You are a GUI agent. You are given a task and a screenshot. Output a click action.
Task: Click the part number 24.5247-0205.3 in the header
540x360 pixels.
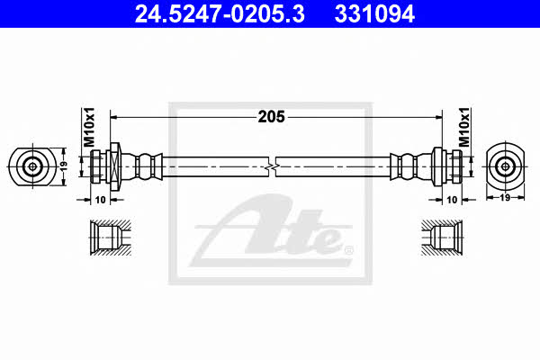pos(220,14)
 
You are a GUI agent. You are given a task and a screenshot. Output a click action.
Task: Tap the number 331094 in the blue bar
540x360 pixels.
pos(374,14)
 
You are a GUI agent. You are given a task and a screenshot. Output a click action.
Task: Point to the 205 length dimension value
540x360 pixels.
pos(272,117)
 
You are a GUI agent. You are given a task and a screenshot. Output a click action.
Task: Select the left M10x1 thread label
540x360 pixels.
pos(89,127)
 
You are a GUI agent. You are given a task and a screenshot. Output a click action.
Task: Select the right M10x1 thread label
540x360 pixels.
pos(464,127)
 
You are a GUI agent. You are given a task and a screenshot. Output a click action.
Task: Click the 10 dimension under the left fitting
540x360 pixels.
pos(100,200)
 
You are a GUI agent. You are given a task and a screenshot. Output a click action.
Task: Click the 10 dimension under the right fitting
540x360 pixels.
pos(452,200)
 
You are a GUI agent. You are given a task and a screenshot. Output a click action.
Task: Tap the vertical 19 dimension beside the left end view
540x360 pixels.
pos(63,166)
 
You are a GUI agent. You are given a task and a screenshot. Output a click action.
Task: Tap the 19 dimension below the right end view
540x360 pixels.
pos(505,198)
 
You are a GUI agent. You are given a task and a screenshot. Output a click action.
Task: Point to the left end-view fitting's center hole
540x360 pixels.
pos(32,166)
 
